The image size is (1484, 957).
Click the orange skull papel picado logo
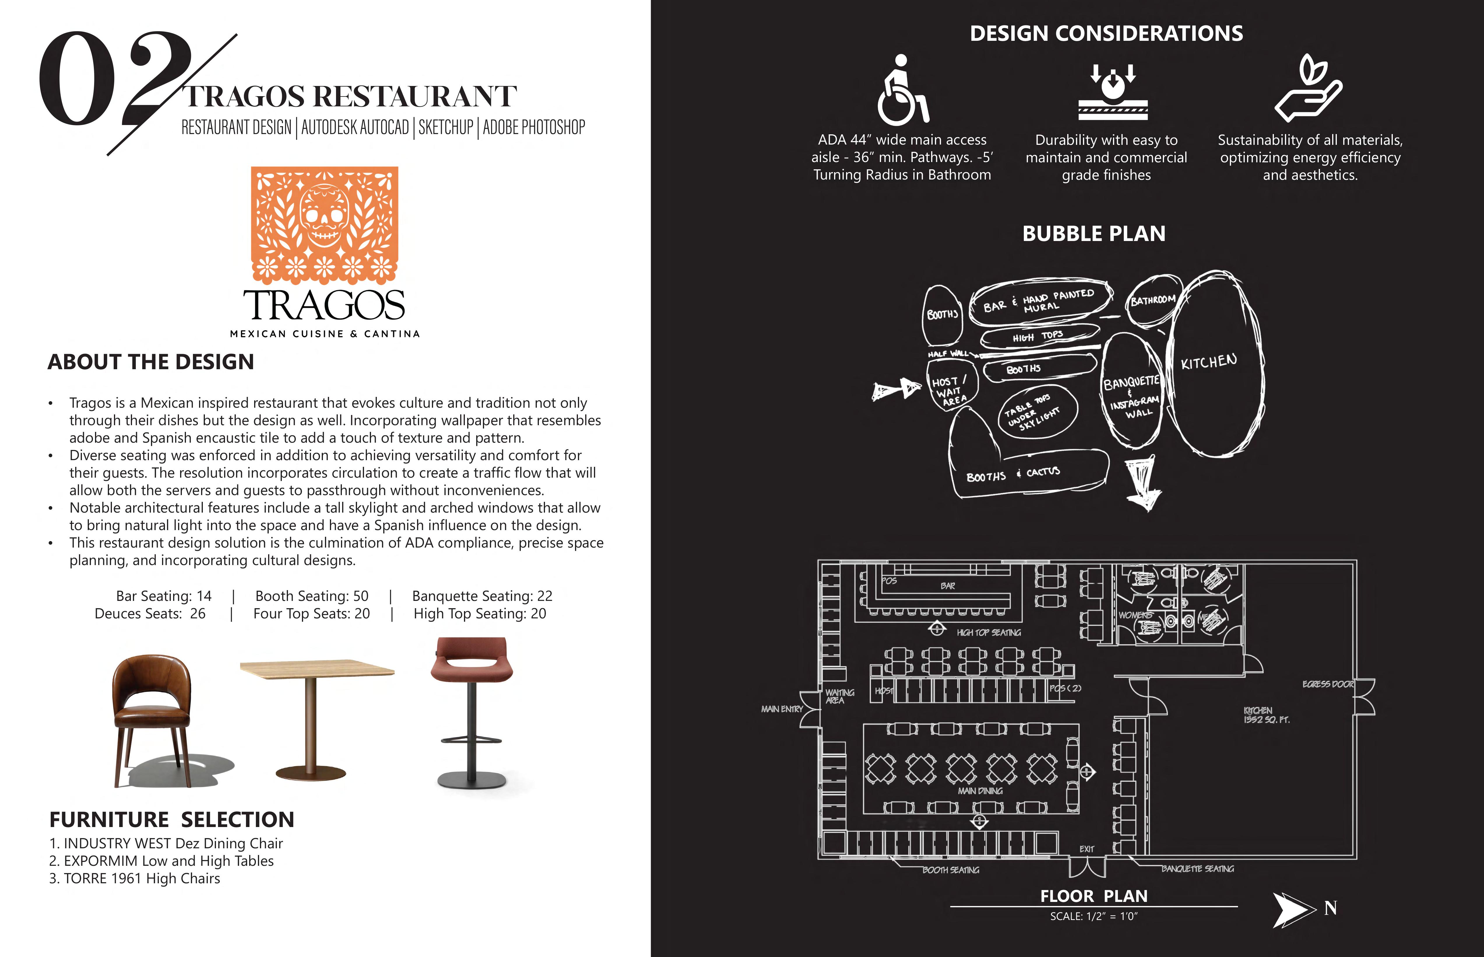tap(324, 224)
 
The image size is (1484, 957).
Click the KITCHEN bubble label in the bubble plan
tap(1209, 362)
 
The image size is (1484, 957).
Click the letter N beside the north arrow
tap(1330, 909)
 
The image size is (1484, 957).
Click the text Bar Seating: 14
tap(163, 596)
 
